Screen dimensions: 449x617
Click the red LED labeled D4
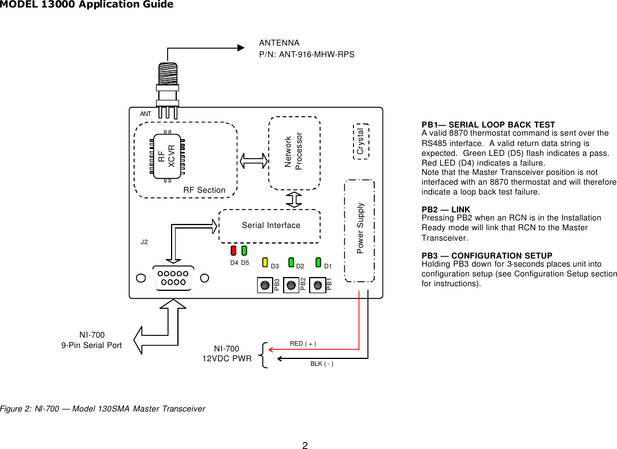click(x=233, y=251)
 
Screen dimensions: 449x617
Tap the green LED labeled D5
click(x=244, y=251)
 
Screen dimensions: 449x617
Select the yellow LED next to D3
click(x=265, y=263)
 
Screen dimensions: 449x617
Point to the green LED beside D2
click(x=291, y=263)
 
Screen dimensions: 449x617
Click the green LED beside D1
click(x=318, y=263)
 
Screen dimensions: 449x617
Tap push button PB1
click(x=317, y=285)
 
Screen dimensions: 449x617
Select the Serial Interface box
click(x=270, y=224)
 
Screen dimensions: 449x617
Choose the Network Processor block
click(x=295, y=153)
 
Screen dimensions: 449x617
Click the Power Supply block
click(x=359, y=230)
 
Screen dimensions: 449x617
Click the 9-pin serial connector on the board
click(x=172, y=278)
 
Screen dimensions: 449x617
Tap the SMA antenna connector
click(x=167, y=84)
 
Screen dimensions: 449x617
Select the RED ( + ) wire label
click(x=303, y=344)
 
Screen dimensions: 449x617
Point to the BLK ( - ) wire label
click(x=322, y=364)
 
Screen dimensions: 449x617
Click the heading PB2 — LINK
click(x=445, y=209)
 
